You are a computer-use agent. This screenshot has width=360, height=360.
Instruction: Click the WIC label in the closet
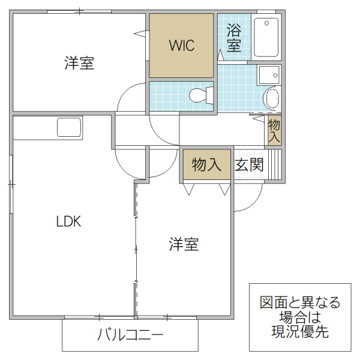click(x=181, y=46)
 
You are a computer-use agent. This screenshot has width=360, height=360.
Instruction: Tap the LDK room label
click(x=68, y=221)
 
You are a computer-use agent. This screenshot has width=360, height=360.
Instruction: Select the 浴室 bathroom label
click(x=234, y=38)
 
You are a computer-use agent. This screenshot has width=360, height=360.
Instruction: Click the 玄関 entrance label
click(x=249, y=165)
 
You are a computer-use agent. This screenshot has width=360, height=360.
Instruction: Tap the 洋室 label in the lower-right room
click(x=184, y=244)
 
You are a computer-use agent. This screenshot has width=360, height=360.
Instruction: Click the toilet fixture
click(x=200, y=95)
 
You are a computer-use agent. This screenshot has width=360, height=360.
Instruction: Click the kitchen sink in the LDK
click(x=69, y=128)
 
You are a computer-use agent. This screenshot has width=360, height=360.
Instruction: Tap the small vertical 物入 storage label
click(x=274, y=131)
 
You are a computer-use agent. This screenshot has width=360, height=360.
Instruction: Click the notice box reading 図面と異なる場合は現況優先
click(x=299, y=317)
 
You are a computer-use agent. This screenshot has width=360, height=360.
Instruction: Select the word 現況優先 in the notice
click(x=299, y=331)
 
